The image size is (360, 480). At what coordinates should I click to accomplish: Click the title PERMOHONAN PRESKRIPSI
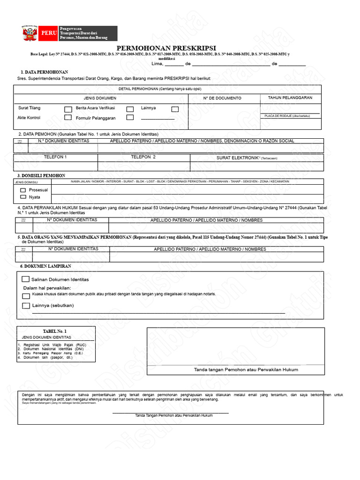point(166,48)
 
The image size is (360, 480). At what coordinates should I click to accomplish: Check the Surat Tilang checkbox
point(68,109)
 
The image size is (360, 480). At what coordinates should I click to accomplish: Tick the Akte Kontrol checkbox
point(68,118)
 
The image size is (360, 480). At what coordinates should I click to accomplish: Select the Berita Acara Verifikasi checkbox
point(130,109)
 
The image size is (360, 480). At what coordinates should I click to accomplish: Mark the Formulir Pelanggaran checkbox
point(130,118)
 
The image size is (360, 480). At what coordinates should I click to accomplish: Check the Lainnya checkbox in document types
point(175,109)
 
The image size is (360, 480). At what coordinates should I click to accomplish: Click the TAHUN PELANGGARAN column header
point(290,98)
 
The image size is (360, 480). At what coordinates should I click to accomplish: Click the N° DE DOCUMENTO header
point(222,98)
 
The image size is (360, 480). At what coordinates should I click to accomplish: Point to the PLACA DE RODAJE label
point(287,116)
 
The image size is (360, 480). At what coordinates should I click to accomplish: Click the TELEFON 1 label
point(55,157)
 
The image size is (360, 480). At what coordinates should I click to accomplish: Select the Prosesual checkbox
point(23,190)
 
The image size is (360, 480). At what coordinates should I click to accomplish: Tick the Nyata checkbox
point(23,197)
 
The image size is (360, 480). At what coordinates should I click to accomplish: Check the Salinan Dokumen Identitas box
point(26,279)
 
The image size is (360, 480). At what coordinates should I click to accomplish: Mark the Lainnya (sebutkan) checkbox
point(26,306)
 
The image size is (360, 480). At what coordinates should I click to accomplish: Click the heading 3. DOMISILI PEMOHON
point(41,175)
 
